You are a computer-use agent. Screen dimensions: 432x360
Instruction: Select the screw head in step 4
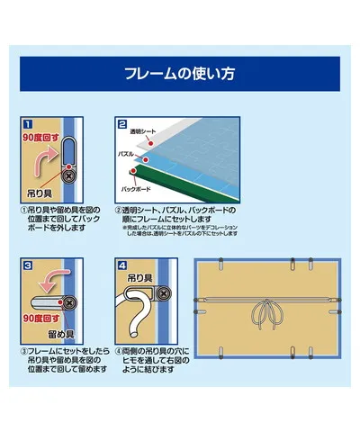(164, 292)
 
